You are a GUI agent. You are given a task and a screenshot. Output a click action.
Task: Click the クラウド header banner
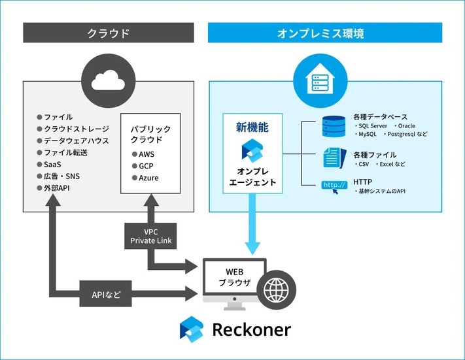pyautogui.click(x=109, y=33)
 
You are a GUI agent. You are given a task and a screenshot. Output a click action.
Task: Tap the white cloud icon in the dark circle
pyautogui.click(x=109, y=80)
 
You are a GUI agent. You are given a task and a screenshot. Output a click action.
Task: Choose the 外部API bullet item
pyautogui.click(x=57, y=188)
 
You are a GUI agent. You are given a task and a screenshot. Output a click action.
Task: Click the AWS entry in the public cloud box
pyautogui.click(x=145, y=154)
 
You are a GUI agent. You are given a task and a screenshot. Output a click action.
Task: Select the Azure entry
pyautogui.click(x=147, y=178)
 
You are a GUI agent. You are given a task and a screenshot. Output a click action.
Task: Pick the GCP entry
pyautogui.click(x=145, y=166)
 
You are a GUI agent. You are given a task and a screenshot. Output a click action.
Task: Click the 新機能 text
pyautogui.click(x=252, y=128)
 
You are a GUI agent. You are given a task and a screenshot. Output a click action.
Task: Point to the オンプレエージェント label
pyautogui.click(x=252, y=177)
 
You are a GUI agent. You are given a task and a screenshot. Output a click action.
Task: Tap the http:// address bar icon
pyautogui.click(x=334, y=186)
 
